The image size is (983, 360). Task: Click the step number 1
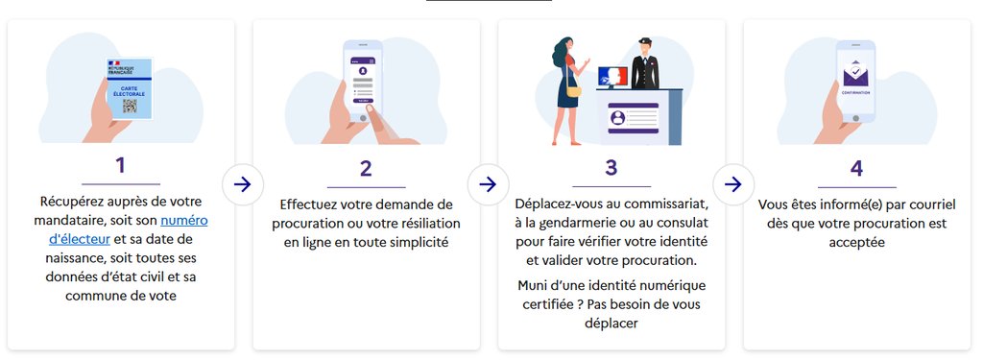(120, 165)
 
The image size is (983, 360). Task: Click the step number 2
(366, 168)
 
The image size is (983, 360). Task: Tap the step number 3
(611, 167)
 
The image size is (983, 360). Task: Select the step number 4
(856, 168)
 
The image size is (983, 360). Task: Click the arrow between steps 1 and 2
(242, 184)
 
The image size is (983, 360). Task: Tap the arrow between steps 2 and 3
(487, 184)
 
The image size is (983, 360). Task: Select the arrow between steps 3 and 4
(732, 184)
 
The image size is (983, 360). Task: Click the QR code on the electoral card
(130, 106)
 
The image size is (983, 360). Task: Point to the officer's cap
(645, 41)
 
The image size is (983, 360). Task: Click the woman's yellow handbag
(574, 91)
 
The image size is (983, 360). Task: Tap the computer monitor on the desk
(613, 78)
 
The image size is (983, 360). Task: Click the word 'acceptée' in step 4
(856, 243)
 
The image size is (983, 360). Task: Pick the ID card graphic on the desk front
(634, 118)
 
